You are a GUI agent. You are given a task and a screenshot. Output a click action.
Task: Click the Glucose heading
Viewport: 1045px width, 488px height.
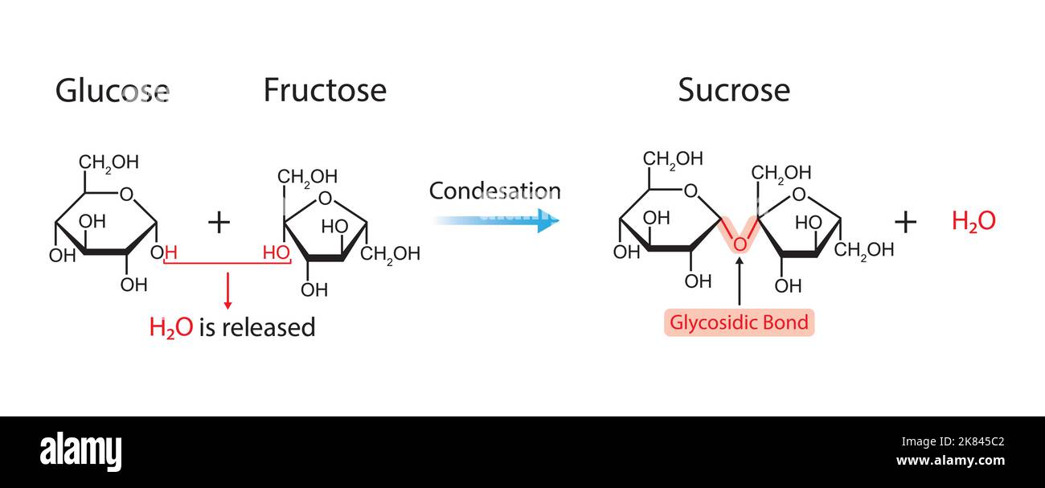pos(112,91)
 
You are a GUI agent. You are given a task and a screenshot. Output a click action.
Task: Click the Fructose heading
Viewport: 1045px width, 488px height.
pos(325,90)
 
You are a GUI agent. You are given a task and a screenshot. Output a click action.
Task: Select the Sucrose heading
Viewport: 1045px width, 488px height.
pos(733,90)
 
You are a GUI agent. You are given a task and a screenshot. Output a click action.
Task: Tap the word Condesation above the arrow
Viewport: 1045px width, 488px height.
pos(494,191)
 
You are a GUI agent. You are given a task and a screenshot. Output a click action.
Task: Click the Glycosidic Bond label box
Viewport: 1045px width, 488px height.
pos(739,322)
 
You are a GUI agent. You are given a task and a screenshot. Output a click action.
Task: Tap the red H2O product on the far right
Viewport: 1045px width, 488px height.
pos(973,221)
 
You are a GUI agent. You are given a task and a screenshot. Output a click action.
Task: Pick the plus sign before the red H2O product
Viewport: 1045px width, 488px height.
pos(905,221)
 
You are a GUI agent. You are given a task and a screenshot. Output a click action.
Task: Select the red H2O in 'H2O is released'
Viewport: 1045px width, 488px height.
pos(170,327)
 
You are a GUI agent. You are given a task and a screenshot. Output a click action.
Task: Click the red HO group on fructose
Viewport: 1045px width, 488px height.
pos(276,252)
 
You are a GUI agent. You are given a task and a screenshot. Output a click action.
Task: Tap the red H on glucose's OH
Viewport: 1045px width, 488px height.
pos(170,252)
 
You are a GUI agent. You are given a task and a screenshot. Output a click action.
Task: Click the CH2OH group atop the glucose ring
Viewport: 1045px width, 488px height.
pos(109,162)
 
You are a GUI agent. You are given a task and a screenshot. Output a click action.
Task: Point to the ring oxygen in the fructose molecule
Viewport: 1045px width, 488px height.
pos(325,199)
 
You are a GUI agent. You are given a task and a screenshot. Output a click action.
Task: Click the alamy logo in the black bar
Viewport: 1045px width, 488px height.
pos(80,452)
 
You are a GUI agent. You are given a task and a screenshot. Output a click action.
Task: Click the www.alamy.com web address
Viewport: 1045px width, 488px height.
pos(950,461)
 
